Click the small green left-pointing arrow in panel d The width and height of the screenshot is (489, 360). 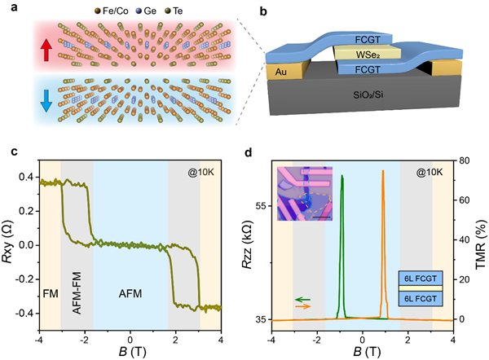(302, 300)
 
